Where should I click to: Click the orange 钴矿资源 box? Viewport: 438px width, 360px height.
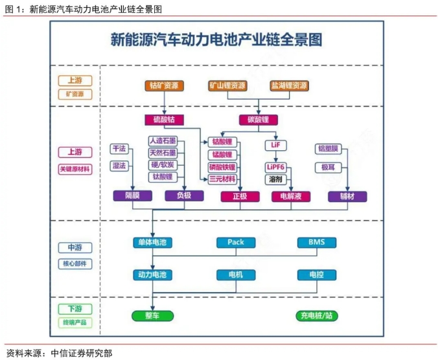tap(165, 85)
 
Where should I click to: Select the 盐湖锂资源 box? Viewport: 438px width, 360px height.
tap(289, 85)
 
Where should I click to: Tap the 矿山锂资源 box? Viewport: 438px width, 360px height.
tap(227, 85)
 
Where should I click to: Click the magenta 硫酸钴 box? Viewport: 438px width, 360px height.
tap(165, 120)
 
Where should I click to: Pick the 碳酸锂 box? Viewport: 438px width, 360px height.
tap(259, 120)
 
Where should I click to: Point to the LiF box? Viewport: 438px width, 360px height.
tap(275, 145)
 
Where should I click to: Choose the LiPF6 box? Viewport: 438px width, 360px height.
tap(275, 168)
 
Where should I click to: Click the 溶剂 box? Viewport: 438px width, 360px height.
tap(275, 179)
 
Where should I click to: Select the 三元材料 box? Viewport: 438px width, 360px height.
tap(222, 179)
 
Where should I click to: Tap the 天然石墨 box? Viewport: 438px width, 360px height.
tap(163, 153)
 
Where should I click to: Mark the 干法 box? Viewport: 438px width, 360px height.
tap(119, 149)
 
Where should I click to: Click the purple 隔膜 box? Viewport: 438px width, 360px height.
tap(133, 196)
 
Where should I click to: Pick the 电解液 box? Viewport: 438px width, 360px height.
tap(291, 196)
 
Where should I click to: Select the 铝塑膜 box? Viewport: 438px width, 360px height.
tap(328, 149)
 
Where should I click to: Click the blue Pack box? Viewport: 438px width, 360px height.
tap(236, 243)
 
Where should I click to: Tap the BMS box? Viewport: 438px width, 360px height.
tap(317, 243)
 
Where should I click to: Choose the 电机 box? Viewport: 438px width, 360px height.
tap(236, 275)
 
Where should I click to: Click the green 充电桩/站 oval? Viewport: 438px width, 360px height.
tap(317, 316)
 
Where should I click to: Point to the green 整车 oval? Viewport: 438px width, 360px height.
tap(152, 316)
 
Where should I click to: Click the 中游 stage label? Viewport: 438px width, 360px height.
tap(75, 248)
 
